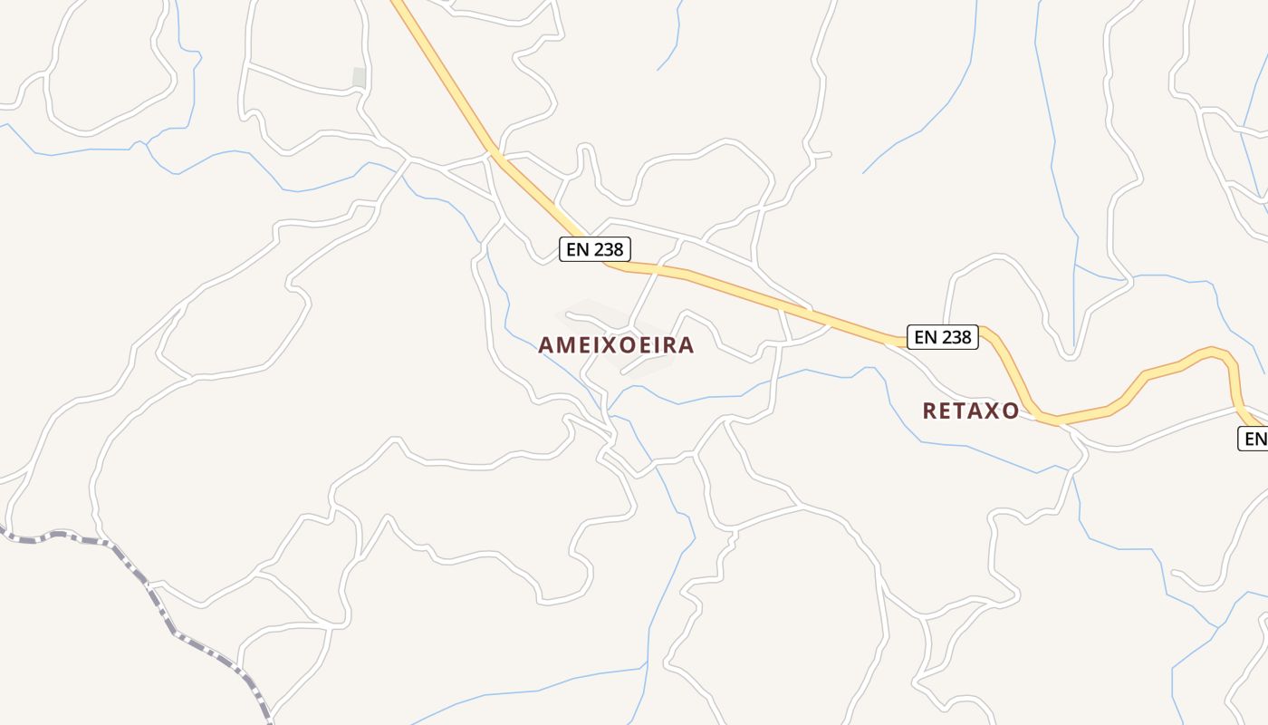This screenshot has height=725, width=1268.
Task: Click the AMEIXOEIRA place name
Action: pos(616,345)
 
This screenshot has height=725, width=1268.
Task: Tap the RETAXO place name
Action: pos(970,411)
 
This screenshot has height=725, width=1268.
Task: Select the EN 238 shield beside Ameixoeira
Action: pos(594,249)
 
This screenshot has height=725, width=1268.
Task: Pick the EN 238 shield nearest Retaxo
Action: pos(943,337)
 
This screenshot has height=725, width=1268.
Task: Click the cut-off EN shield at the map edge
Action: pos(1254,439)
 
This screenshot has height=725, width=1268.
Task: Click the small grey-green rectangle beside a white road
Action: pos(359,78)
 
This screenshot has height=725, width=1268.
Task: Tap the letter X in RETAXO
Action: pos(996,411)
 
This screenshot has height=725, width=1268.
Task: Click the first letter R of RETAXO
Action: pos(930,411)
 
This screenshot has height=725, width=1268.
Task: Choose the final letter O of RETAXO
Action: pos(1011,411)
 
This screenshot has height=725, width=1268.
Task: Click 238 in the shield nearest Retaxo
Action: pos(956,337)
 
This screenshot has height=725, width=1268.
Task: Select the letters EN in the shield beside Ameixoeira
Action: pos(578,249)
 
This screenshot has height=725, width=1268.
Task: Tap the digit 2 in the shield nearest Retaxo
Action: pos(946,337)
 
